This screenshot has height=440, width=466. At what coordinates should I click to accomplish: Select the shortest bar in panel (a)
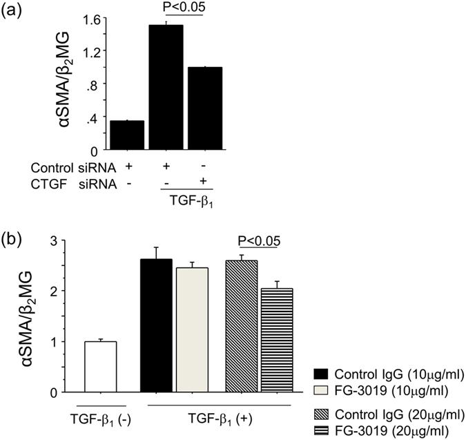(127, 134)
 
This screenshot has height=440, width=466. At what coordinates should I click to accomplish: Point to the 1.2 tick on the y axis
(91, 50)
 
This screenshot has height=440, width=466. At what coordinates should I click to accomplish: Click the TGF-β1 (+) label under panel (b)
(218, 417)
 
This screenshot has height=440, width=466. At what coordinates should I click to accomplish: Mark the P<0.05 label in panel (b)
(259, 241)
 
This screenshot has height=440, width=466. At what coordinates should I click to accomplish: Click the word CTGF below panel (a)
(47, 182)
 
